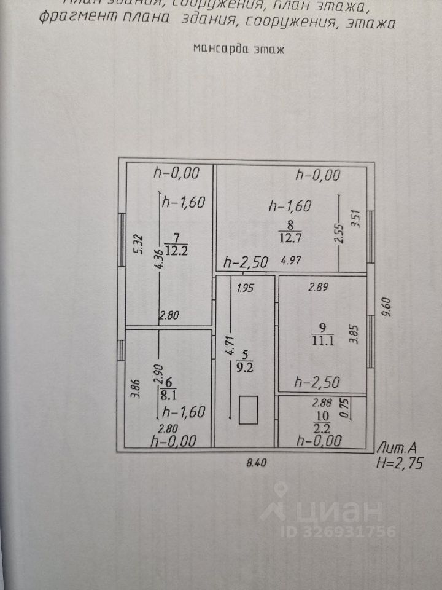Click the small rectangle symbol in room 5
[247, 410]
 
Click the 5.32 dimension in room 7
[139, 244]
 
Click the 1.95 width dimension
[246, 286]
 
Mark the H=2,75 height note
[400, 463]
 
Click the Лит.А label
[399, 448]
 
